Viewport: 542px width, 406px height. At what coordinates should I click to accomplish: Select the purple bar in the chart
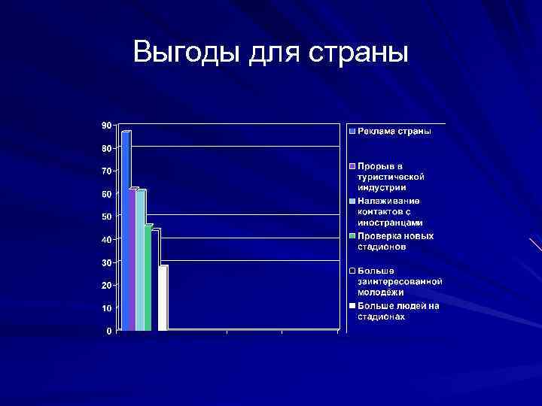(x=132, y=259)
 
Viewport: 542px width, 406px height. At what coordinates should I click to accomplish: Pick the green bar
(x=148, y=278)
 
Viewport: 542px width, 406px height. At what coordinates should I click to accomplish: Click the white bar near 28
(x=163, y=298)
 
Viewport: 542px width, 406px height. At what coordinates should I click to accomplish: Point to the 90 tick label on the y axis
(x=107, y=125)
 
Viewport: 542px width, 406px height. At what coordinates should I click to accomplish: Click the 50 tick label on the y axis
(x=107, y=217)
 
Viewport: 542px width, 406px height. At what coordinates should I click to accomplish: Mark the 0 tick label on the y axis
(x=109, y=331)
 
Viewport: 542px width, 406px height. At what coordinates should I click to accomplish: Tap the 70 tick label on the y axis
(x=107, y=171)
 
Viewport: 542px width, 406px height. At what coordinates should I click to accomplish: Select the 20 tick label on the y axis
(x=107, y=285)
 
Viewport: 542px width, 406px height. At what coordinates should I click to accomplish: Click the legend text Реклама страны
(x=394, y=131)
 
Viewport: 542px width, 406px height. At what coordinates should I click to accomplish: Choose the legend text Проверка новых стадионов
(x=395, y=241)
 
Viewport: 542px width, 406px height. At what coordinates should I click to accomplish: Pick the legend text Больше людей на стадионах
(x=398, y=311)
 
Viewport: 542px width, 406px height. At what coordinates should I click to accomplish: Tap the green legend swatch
(x=352, y=236)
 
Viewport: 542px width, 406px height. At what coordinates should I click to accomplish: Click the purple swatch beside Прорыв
(x=352, y=165)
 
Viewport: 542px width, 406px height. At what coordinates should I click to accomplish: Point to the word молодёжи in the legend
(x=381, y=292)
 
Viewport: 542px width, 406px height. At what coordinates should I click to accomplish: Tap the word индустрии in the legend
(x=382, y=186)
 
